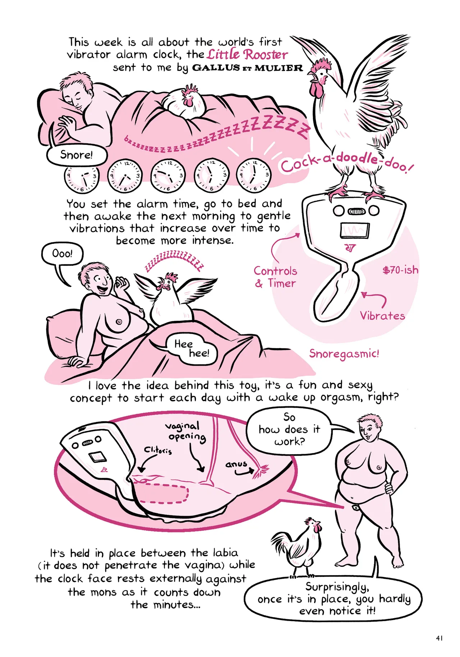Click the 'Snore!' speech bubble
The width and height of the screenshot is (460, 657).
(x=77, y=155)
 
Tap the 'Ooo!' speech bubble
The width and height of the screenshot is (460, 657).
(x=62, y=254)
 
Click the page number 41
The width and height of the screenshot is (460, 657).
(x=439, y=638)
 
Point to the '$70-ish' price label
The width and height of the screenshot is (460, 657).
(x=400, y=270)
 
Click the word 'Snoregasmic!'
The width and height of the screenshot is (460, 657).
(x=344, y=354)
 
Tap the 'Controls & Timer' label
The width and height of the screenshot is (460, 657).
(x=276, y=277)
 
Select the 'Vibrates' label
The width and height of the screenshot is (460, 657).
(x=382, y=316)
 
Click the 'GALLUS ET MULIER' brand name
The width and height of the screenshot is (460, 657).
(x=248, y=68)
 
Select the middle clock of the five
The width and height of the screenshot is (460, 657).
(x=168, y=175)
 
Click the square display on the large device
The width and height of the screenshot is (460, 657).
(x=354, y=230)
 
